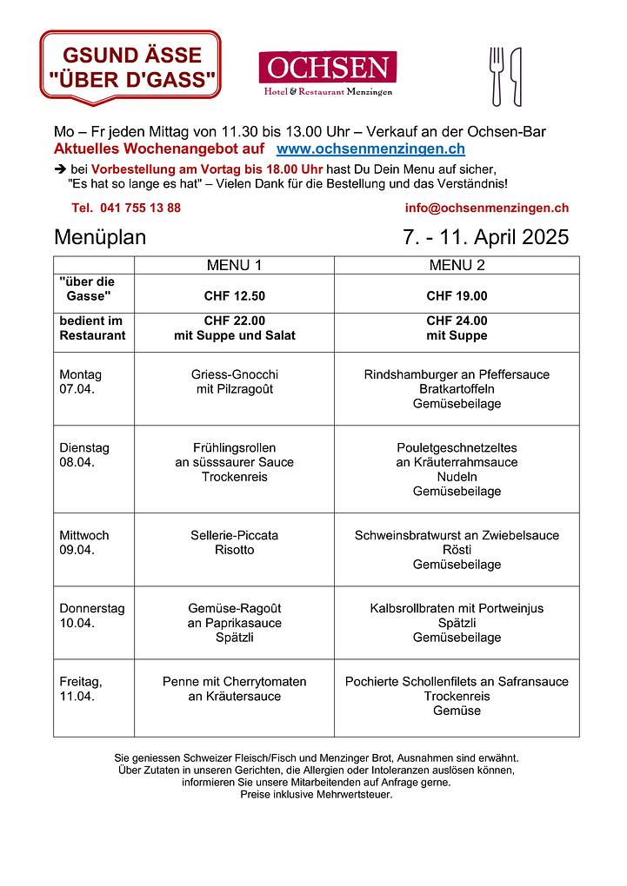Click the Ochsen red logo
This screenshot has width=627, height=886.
click(x=327, y=68)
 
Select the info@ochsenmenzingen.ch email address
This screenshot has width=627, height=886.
click(x=486, y=208)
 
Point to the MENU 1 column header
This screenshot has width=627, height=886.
click(x=234, y=265)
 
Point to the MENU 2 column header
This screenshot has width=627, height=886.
click(x=457, y=265)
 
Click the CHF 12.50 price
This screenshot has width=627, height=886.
click(x=234, y=295)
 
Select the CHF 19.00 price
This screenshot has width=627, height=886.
click(x=457, y=295)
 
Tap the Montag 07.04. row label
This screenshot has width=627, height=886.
click(x=80, y=381)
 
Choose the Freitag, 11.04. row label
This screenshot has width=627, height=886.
click(x=80, y=689)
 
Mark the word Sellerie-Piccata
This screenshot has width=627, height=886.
click(x=234, y=535)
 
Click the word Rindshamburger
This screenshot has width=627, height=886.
click(x=406, y=374)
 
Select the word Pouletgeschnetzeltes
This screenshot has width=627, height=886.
click(x=457, y=447)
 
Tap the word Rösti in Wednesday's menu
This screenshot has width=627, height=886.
click(x=457, y=550)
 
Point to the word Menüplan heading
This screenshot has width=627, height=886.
click(x=100, y=237)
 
